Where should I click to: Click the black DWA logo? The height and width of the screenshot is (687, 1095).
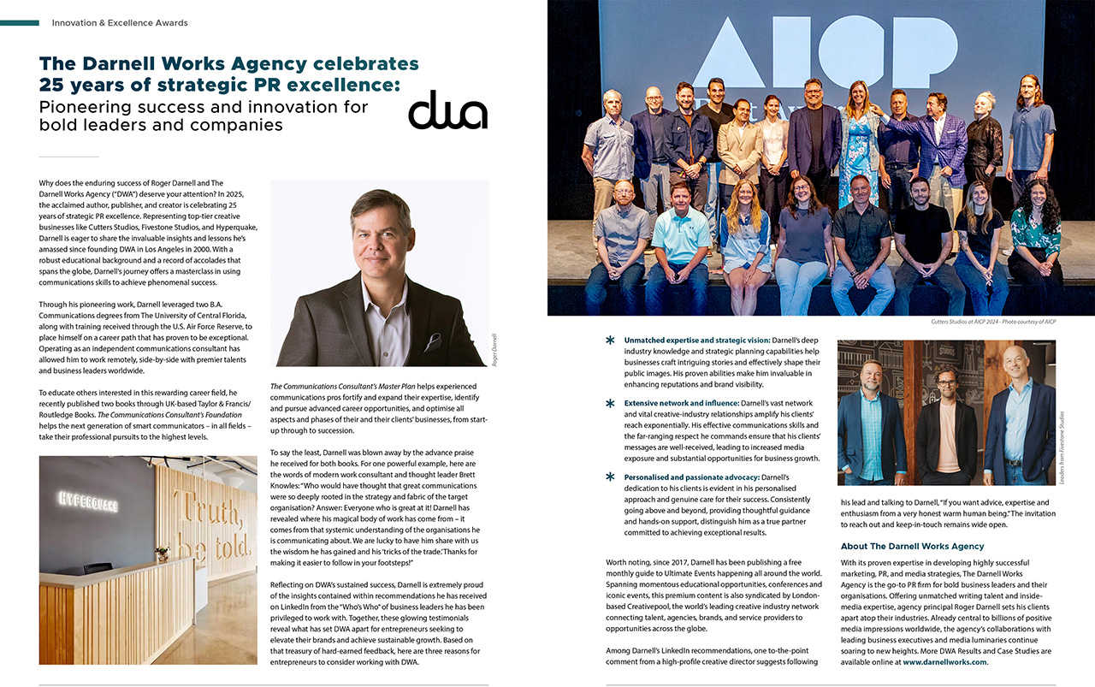[x=447, y=110]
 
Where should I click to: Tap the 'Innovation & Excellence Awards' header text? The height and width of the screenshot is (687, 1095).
[x=119, y=22]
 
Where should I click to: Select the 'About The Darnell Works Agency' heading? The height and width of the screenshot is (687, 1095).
[x=912, y=546]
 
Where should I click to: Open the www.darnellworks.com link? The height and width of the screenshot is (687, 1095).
[x=944, y=662]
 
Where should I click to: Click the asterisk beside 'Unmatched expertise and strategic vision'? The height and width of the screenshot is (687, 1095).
[x=610, y=341]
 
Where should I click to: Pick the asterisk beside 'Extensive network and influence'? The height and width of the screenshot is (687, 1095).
[x=610, y=403]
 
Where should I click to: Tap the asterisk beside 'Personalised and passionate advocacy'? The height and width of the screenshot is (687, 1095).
[x=610, y=477]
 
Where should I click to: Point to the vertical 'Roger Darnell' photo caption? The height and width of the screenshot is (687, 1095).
[x=494, y=349]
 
